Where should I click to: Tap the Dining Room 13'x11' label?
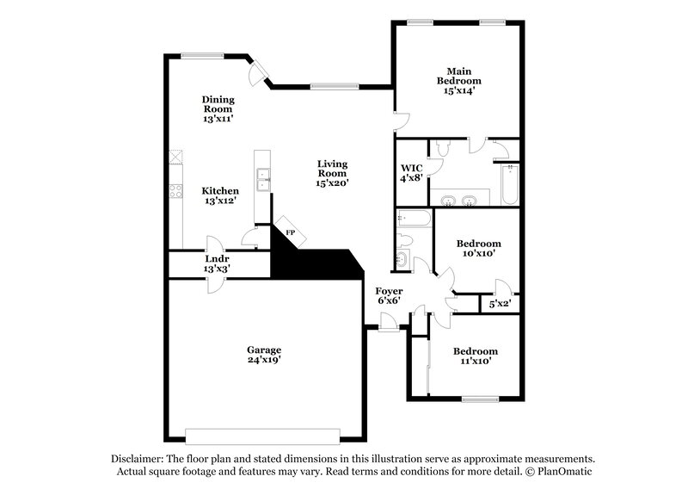tap(218, 109)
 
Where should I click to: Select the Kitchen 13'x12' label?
tap(220, 195)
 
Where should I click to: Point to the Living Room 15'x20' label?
tap(332, 173)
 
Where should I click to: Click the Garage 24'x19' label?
tap(264, 356)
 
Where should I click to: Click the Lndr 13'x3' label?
tap(216, 263)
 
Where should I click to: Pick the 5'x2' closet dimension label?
tap(500, 303)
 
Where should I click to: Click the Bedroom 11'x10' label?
tap(475, 356)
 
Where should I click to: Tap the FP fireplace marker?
tap(290, 232)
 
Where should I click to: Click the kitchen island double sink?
tap(264, 179)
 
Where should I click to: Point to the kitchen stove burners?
tap(175, 191)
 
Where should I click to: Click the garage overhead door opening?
tap(264, 433)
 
